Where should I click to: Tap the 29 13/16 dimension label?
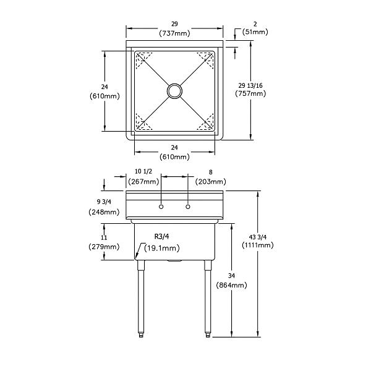click(x=250, y=85)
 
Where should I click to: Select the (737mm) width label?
click(x=174, y=33)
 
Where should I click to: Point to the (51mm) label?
click(x=255, y=32)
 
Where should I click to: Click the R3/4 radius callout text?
click(x=162, y=236)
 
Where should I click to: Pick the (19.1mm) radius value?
click(x=162, y=248)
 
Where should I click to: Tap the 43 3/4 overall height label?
click(x=258, y=237)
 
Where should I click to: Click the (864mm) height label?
click(x=231, y=285)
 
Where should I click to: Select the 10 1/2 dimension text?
click(x=143, y=171)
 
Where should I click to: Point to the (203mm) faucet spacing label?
click(x=211, y=181)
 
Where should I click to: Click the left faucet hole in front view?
click(x=161, y=207)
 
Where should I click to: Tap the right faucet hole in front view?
click(x=188, y=207)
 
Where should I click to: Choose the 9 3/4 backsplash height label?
click(x=104, y=202)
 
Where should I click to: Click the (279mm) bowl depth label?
click(x=104, y=247)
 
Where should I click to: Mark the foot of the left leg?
click(x=141, y=335)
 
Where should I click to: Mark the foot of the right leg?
click(x=208, y=335)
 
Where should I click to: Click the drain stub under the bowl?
click(x=174, y=261)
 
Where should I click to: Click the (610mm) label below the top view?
click(x=174, y=157)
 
